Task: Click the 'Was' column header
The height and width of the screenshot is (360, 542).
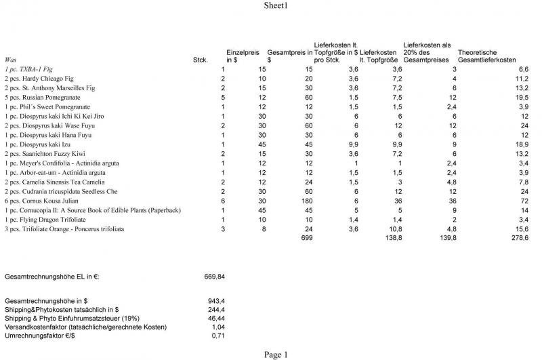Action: coord(11,60)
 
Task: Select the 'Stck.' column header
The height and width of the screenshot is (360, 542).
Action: coord(200,60)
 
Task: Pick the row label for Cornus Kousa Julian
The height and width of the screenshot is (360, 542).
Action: coord(40,201)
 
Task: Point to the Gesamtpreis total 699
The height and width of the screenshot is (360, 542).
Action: coord(306,239)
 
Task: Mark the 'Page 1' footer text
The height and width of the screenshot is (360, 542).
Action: coord(276,354)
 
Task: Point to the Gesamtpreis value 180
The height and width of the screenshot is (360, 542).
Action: coord(306,201)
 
